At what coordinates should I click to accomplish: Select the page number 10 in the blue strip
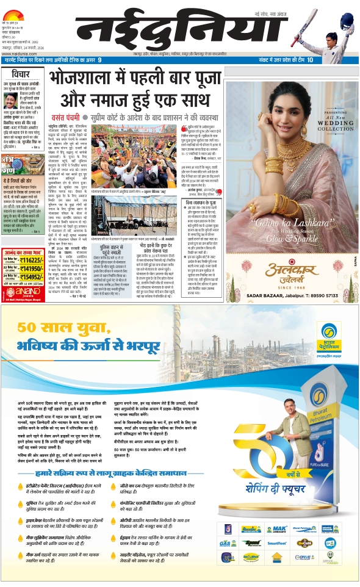[310, 60]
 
